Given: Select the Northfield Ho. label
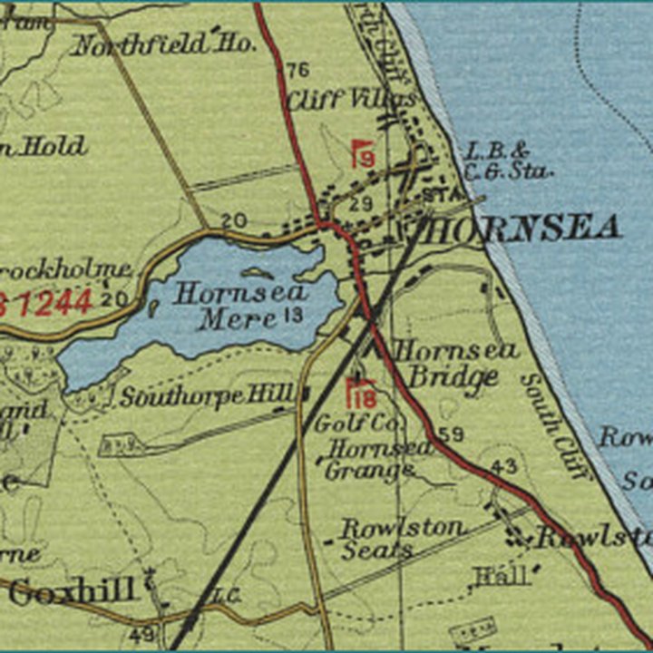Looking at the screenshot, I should click(151, 44).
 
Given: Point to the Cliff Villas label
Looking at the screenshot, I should click(352, 99).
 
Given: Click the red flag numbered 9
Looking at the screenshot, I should click(363, 154).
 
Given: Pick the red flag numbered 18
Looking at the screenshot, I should click(361, 394).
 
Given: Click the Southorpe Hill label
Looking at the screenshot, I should click(208, 395).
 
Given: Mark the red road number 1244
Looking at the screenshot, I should click(50, 302).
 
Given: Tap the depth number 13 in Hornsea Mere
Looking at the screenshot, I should click(292, 315).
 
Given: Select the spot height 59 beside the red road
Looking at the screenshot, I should click(451, 434).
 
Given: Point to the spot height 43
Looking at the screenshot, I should click(505, 466).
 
